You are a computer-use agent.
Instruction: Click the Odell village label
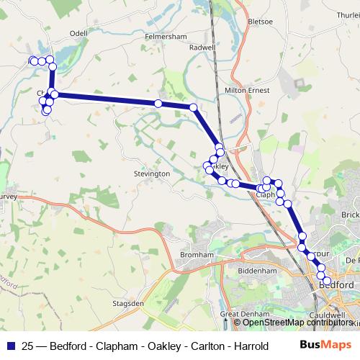coord(78,33)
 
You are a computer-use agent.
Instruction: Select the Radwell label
coord(202,48)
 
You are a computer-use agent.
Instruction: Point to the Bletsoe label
coord(260,21)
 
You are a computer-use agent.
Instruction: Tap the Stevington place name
coord(151,174)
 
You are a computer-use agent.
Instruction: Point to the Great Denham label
coord(244,315)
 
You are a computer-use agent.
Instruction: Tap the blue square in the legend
coord(10,346)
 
